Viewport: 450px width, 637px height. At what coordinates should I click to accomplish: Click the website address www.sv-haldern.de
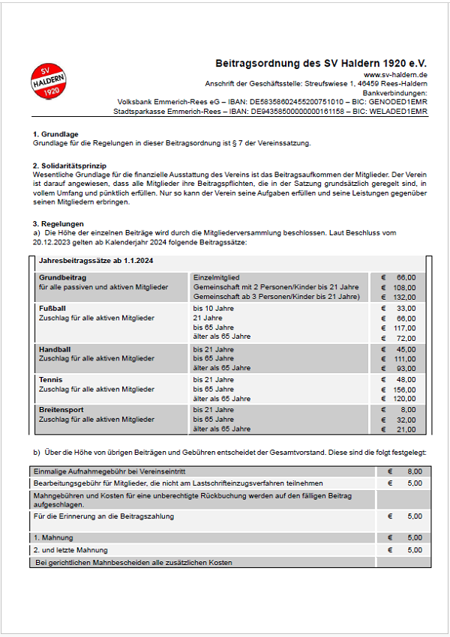tap(395, 75)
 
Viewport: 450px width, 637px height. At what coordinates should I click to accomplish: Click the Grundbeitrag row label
tap(62, 277)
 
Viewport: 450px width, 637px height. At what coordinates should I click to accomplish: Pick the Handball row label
tap(55, 349)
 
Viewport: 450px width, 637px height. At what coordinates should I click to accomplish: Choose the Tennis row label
tap(50, 380)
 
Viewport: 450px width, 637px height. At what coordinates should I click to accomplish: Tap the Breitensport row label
tap(61, 410)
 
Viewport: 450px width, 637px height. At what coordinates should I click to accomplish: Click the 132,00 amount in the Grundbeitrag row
tap(404, 297)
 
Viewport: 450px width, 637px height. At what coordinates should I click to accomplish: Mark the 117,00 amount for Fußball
tap(404, 327)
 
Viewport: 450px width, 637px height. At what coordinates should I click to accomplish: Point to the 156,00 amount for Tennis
tap(404, 390)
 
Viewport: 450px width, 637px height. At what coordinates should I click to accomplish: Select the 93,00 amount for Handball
tap(406, 368)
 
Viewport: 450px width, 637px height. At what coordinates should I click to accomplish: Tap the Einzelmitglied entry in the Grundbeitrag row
tap(216, 277)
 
